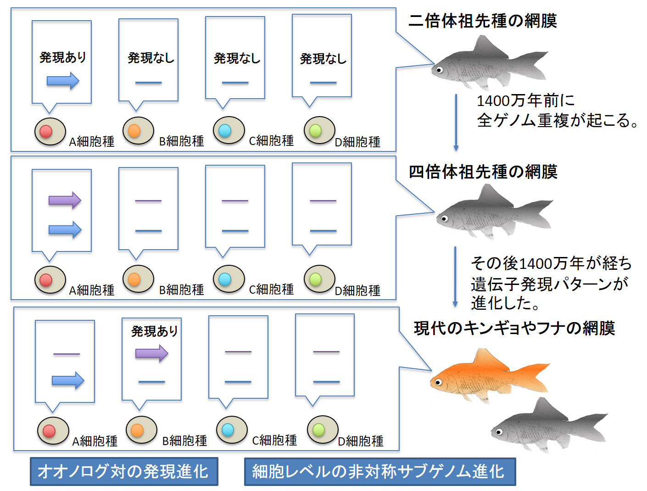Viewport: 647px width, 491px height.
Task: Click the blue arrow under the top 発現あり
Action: coord(63,81)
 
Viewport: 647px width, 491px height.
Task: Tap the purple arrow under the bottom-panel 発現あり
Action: coord(152,353)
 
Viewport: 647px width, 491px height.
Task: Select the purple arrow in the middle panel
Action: coord(65,201)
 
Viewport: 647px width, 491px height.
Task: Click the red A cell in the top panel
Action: coord(46,131)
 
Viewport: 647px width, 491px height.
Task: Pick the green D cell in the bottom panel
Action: coord(319,430)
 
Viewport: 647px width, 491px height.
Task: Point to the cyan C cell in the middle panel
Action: coord(225,279)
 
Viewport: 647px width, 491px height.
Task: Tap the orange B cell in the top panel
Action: coord(134,130)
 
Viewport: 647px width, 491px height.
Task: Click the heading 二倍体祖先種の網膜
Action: coord(483,21)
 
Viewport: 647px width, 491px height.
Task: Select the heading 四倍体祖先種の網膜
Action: coord(483,172)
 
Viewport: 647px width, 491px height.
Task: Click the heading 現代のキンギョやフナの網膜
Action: coord(514,328)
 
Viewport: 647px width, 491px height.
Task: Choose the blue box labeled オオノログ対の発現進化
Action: coord(124,471)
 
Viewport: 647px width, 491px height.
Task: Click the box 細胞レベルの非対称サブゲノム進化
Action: coord(379,471)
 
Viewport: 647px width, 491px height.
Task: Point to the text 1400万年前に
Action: coord(525,100)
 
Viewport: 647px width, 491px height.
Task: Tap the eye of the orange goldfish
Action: coord(438,382)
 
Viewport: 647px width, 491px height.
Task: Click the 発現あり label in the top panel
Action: coord(63,57)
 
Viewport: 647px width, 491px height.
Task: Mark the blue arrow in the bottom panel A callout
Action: coord(68,380)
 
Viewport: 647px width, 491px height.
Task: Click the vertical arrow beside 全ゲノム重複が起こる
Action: coord(456,122)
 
